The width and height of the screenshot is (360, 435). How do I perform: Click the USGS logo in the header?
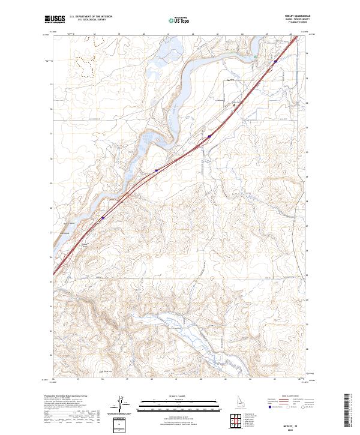tap(56, 21)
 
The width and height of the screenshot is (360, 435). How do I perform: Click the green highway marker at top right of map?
tap(255, 58)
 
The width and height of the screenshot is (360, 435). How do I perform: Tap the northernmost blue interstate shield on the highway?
tap(209, 137)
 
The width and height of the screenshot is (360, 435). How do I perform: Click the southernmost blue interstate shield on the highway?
tap(102, 219)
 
